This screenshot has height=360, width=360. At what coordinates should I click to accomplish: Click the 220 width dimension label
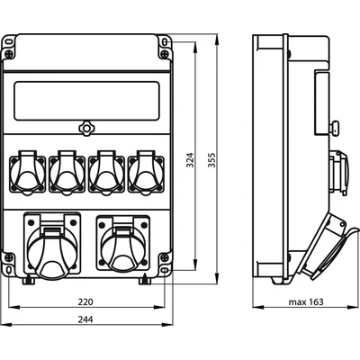(85, 301)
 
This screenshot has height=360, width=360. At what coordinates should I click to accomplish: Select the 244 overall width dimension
(85, 319)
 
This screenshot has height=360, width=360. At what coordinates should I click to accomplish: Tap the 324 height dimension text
(190, 160)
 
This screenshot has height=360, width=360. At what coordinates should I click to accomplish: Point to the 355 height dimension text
(211, 160)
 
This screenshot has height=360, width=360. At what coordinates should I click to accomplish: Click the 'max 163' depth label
(306, 301)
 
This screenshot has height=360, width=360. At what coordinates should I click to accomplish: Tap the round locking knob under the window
(86, 129)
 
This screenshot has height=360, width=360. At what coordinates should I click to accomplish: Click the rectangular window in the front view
(87, 101)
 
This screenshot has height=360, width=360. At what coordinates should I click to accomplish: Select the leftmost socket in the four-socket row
(27, 173)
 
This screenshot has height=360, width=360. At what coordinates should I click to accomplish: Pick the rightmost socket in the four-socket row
(146, 173)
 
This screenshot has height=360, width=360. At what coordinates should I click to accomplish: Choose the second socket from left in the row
(67, 173)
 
